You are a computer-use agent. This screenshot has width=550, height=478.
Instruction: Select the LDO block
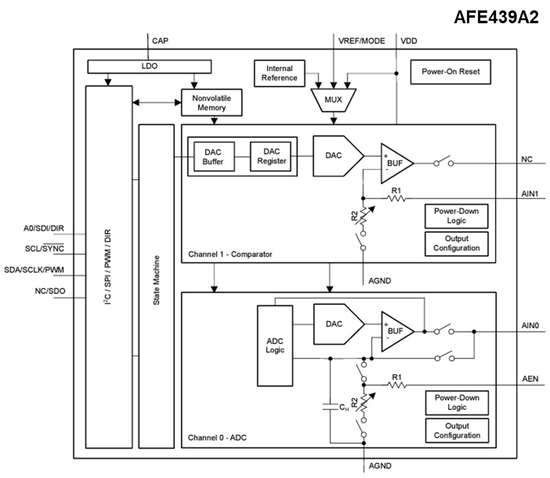(150, 65)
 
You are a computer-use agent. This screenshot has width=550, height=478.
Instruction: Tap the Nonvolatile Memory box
(211, 103)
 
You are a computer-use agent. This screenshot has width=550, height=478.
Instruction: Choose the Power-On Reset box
(450, 72)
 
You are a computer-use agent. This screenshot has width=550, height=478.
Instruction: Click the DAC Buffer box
(213, 157)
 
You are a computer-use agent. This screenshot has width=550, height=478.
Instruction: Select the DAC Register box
(271, 156)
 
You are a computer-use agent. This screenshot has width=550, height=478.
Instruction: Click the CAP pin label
(160, 41)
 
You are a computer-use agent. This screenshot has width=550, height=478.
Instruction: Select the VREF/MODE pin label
(362, 41)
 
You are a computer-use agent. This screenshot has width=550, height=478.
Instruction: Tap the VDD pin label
(409, 41)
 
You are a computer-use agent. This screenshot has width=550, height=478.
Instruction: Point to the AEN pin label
(530, 378)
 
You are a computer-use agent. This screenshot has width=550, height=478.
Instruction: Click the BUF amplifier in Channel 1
(396, 163)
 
